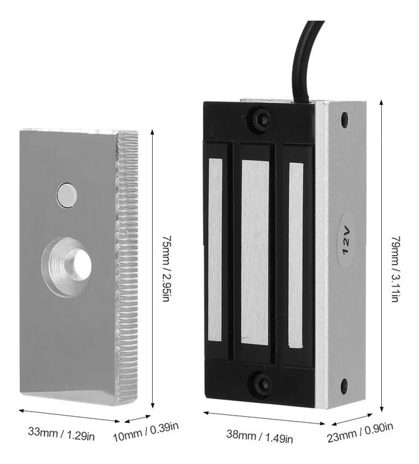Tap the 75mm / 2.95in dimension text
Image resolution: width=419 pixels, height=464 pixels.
[166, 268]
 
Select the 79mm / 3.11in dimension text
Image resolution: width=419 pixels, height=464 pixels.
[396, 269]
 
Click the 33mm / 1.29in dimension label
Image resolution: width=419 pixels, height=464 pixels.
[61, 433]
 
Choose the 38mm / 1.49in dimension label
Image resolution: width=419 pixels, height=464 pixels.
[260, 436]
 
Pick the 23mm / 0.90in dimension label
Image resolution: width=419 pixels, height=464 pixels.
[361, 432]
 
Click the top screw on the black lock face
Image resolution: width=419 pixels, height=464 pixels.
[262, 118]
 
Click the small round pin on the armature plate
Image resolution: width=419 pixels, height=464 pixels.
[67, 195]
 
